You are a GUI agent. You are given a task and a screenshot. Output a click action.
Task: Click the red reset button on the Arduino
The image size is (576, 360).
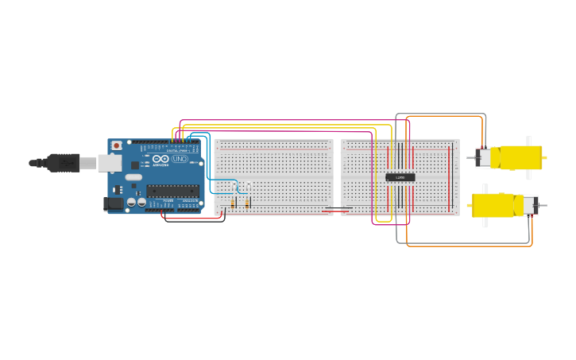[x=117, y=145]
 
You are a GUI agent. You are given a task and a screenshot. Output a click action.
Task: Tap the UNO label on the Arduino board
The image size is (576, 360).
[x=180, y=159]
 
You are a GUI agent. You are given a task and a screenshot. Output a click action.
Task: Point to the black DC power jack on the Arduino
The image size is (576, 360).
[x=114, y=203]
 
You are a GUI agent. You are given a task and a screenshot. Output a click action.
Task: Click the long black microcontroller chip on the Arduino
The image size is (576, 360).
[x=172, y=190]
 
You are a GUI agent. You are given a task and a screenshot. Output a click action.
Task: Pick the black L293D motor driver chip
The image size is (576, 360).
[x=400, y=177]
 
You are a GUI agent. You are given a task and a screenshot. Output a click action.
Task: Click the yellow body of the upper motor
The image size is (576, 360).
[x=516, y=157]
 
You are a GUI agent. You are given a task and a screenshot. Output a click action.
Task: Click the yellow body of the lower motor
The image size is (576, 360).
[x=493, y=205]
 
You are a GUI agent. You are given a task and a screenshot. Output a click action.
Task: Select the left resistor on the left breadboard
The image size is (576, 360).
[x=234, y=203]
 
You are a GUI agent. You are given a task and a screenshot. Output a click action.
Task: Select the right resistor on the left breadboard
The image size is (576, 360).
[x=248, y=203]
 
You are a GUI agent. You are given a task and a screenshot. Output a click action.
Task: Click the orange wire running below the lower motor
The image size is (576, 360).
[x=469, y=246]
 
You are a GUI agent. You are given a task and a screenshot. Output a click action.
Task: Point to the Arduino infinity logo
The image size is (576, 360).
[x=160, y=159]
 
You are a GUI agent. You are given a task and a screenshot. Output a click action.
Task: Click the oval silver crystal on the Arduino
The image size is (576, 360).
[x=133, y=177]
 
